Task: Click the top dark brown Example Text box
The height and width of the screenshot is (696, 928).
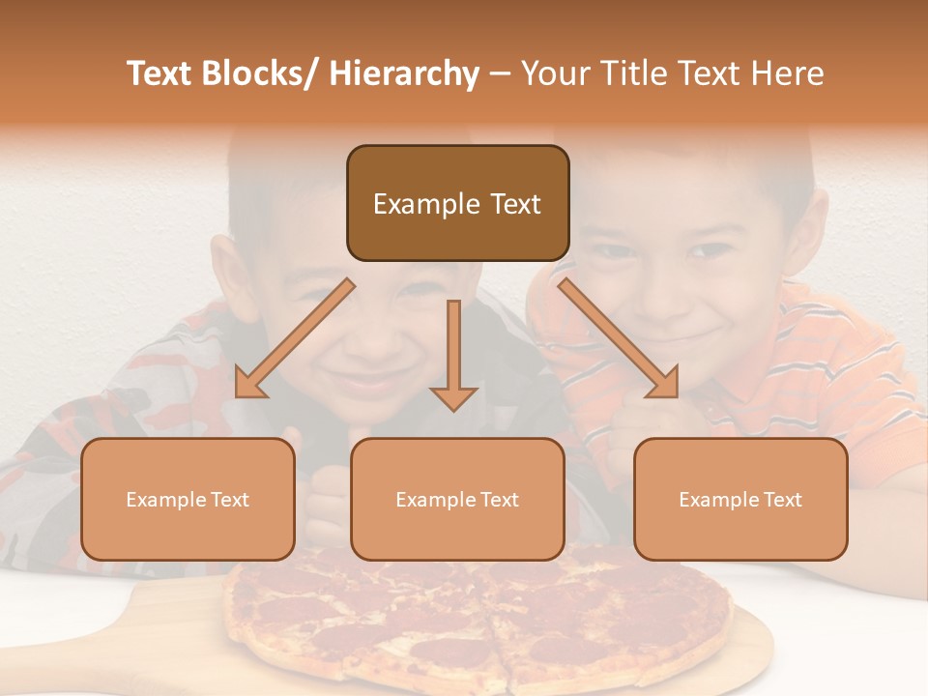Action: (457, 203)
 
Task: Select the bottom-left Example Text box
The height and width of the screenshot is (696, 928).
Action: (188, 499)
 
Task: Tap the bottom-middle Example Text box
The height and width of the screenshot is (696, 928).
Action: (457, 499)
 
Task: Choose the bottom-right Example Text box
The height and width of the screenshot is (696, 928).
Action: (740, 499)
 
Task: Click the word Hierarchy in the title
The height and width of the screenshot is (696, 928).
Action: (403, 73)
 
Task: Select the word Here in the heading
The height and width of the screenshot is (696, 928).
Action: (785, 73)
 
